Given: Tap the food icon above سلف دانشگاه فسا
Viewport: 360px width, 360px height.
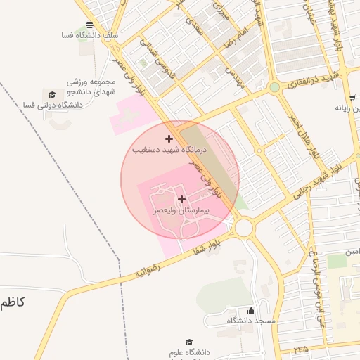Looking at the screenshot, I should tap(89, 25).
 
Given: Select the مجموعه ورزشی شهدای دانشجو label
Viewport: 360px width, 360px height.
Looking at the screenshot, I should tap(91, 86).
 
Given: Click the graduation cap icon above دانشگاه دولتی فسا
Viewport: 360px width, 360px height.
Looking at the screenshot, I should tap(51, 94).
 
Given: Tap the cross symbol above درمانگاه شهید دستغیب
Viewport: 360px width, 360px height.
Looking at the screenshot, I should tap(169, 139).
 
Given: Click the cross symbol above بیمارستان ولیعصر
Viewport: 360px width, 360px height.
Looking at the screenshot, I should tap(182, 200).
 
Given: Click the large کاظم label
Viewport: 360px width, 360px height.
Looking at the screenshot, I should tap(12, 302).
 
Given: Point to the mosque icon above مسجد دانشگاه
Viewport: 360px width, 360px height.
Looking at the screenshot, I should tap(252, 310).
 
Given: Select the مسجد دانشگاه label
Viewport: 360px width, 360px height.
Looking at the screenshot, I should tap(250, 321).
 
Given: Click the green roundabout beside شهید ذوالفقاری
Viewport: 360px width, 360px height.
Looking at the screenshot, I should tap(274, 87).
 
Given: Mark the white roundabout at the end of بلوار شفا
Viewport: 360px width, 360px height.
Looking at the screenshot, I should tap(244, 227).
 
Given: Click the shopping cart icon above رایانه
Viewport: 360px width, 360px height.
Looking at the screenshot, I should tap(352, 98).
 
